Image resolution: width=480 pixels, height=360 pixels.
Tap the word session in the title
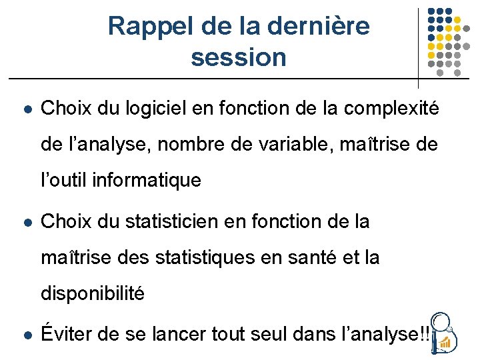click(238, 57)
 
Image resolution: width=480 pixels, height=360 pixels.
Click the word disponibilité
click(93, 293)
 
